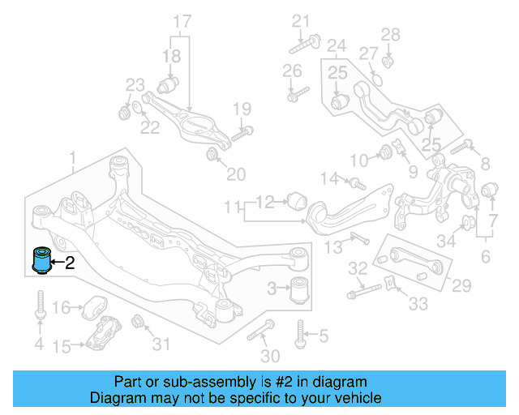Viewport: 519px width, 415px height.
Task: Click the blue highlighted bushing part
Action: [41, 260]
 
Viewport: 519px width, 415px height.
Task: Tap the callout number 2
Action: [70, 262]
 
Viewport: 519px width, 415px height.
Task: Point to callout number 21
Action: [302, 20]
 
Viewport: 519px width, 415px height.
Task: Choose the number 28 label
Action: [391, 35]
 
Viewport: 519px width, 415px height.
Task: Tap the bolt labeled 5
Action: [300, 332]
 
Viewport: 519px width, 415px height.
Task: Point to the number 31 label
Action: [161, 344]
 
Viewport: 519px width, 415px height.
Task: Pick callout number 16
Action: [62, 307]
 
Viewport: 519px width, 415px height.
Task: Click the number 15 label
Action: [62, 347]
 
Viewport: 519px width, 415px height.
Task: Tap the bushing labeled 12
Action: [296, 199]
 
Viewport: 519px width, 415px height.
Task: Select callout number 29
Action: [461, 285]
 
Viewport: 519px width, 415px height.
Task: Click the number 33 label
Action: [418, 305]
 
